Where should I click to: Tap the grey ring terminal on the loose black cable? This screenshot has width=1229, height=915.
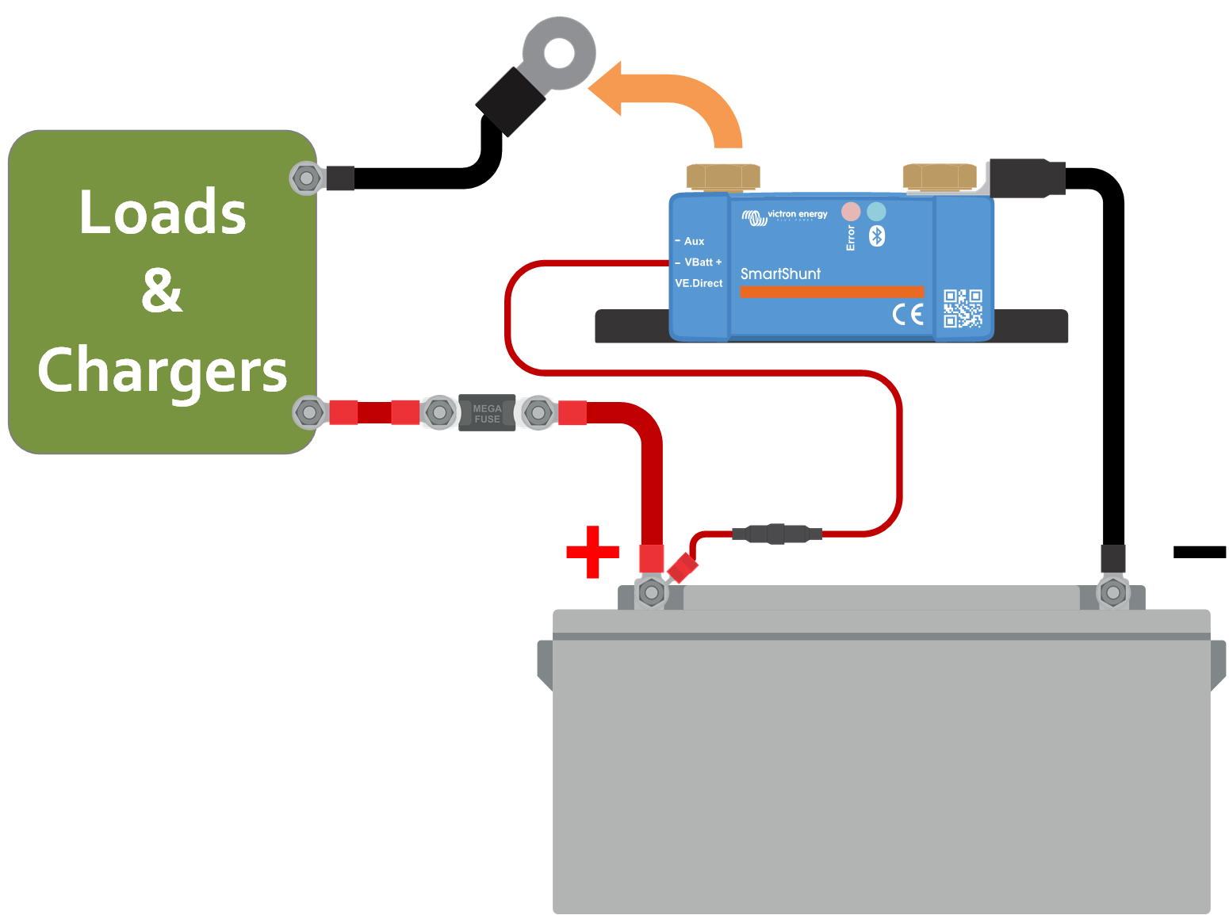click(560, 54)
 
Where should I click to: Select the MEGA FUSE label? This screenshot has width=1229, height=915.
click(487, 413)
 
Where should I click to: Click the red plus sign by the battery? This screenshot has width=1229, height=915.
click(592, 551)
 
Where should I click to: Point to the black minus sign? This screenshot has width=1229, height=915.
click(1199, 552)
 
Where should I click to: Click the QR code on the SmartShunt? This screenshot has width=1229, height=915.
click(963, 308)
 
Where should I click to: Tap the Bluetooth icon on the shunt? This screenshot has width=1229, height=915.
click(877, 236)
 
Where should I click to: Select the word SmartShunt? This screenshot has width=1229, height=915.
click(780, 274)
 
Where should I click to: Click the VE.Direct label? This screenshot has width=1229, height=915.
click(699, 283)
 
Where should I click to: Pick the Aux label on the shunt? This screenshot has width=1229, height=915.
click(694, 241)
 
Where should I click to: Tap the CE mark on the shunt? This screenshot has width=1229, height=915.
click(908, 314)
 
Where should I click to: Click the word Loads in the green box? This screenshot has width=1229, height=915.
click(163, 212)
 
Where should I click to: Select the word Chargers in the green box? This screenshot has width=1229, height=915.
click(163, 371)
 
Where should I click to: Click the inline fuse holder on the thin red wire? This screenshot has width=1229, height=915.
click(777, 533)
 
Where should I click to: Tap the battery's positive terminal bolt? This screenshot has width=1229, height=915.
click(652, 592)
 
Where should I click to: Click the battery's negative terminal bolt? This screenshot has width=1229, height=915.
click(1113, 591)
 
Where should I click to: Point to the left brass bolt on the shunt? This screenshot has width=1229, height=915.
click(722, 177)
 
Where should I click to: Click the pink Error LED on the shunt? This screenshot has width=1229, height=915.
click(851, 212)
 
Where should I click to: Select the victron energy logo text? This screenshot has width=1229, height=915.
click(797, 214)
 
